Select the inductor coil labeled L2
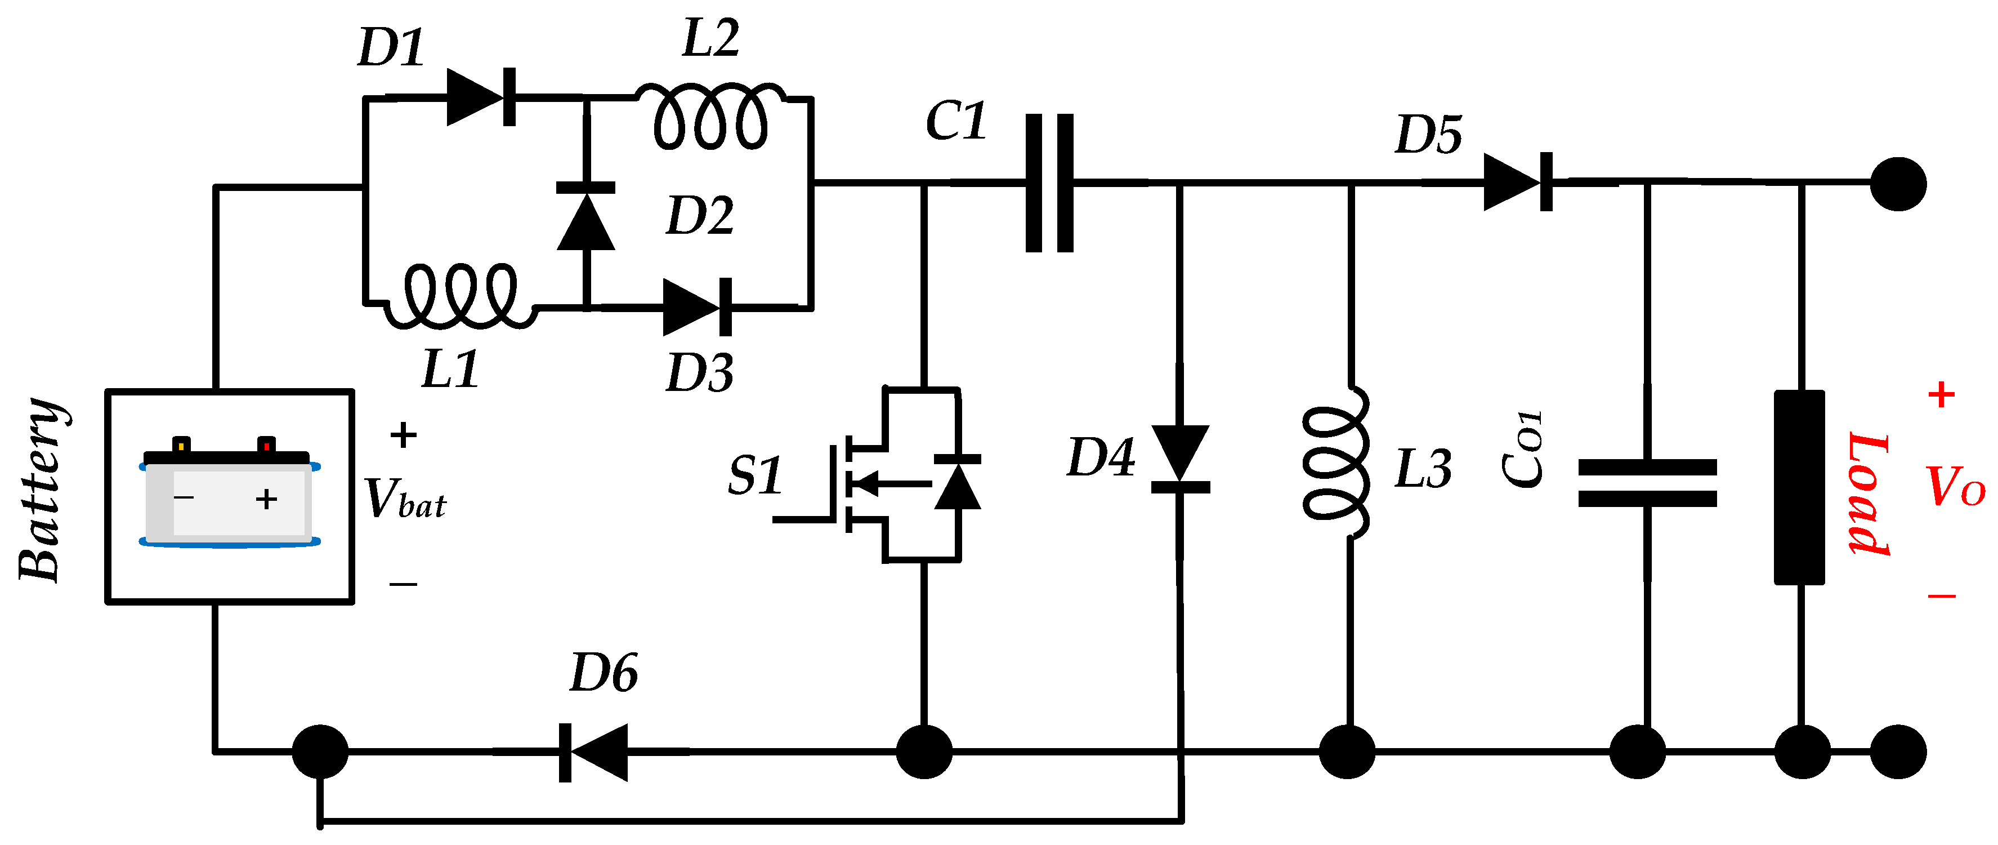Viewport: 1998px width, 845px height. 710,117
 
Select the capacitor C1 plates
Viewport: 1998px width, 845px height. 1049,183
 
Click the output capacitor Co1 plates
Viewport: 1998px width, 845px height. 1647,483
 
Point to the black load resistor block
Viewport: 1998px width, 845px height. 1799,487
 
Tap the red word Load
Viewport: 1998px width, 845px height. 1869,494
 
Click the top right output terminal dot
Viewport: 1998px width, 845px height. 1898,184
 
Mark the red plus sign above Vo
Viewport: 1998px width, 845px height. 1941,395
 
